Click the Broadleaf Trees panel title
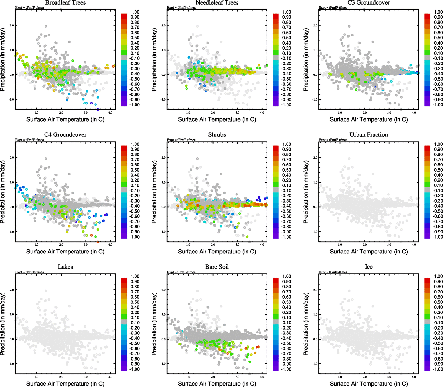tap(65, 3)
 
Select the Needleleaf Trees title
tap(217, 3)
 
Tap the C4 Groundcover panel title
tap(65, 135)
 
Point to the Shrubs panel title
tap(217, 135)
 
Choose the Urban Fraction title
tap(368, 135)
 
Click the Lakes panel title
tap(65, 267)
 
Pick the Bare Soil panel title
tap(217, 267)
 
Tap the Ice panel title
tap(368, 267)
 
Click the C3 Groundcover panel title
tap(368, 3)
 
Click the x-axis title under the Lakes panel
tap(65, 384)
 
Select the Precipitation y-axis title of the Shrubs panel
tap(154, 192)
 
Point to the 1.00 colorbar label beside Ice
tap(438, 276)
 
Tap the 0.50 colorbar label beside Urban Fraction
tap(438, 170)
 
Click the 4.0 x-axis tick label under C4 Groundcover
tap(110, 245)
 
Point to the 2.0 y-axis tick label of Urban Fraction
tap(315, 158)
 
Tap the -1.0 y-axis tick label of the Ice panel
tap(315, 364)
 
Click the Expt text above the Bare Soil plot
tap(181, 272)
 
